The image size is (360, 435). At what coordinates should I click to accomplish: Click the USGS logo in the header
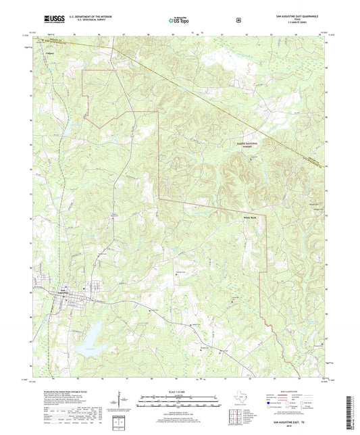pos(51,21)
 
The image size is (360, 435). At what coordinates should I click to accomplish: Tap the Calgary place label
pos(49,51)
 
